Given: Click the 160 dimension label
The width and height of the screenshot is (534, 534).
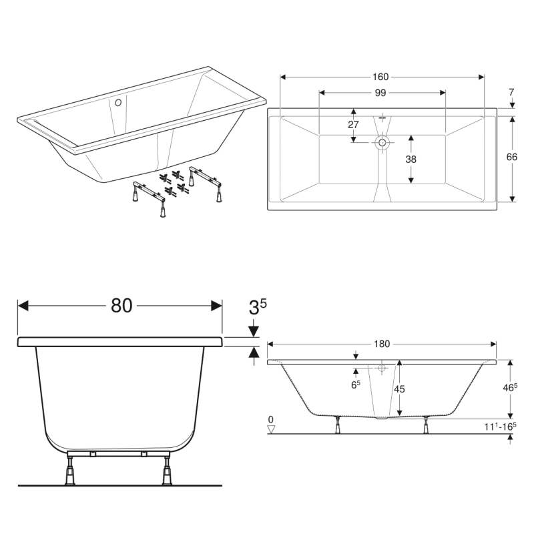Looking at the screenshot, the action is coord(380,77).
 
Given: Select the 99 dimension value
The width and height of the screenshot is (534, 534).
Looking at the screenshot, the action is coord(380,93).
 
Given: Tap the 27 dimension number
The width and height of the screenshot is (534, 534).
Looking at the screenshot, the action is coord(353,125).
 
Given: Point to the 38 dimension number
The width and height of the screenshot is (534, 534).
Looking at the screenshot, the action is coord(411,159).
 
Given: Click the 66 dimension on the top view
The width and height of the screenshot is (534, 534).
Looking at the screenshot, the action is coord(511,157).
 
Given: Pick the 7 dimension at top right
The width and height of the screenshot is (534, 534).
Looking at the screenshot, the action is coord(511,92).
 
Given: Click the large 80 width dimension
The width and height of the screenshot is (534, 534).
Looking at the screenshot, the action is coord(121,306).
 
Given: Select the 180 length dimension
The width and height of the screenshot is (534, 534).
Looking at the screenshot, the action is coord(382,344).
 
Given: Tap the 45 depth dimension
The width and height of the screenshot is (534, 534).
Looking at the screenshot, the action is coord(399,388).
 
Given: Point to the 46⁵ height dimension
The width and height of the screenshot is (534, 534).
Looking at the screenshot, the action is coord(510,387).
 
